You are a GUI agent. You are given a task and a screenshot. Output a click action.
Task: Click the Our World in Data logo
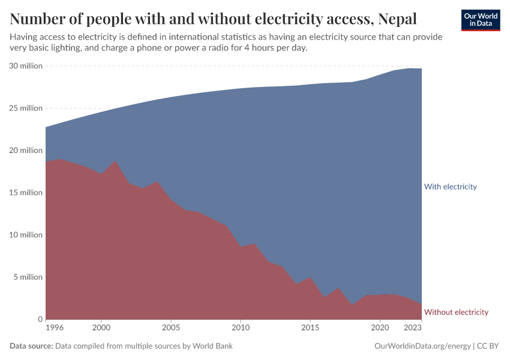480,20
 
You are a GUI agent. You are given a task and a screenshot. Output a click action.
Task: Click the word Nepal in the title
395,19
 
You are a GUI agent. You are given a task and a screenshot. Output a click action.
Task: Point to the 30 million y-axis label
26,66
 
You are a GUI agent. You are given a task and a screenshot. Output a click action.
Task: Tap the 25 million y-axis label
26,108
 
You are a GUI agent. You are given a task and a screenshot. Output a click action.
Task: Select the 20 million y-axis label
26,151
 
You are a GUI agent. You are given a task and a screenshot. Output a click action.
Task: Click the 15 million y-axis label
26,193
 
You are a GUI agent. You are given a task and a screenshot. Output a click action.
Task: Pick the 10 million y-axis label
26,235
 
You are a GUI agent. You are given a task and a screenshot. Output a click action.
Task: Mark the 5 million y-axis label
28,277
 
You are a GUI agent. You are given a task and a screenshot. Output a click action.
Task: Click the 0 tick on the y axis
40,319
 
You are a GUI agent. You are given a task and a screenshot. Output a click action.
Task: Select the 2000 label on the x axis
101,328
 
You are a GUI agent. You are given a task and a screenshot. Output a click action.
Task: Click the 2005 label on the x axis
171,328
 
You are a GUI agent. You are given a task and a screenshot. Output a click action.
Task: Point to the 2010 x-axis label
241,328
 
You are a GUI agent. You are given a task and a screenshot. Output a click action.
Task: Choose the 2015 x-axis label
310,328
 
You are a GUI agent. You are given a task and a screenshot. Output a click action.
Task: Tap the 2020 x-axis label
380,328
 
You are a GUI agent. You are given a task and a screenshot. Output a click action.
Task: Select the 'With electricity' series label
450,187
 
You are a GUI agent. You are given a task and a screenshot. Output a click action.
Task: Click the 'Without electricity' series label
456,312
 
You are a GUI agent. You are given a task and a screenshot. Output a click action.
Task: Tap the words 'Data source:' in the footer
31,346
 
